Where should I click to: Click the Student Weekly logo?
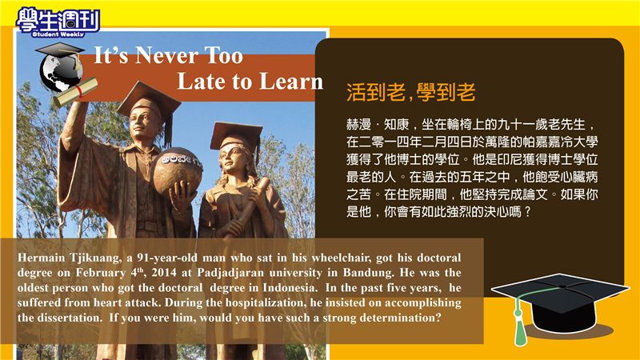pyautogui.click(x=58, y=22)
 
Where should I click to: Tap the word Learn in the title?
pyautogui.click(x=291, y=81)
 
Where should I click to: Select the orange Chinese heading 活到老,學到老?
pyautogui.click(x=411, y=92)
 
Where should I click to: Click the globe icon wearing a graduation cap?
pyautogui.click(x=62, y=68)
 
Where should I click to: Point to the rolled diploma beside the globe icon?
pyautogui.click(x=76, y=92)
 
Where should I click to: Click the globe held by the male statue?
pyautogui.click(x=178, y=170)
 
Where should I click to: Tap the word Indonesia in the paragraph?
pyautogui.click(x=290, y=288)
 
